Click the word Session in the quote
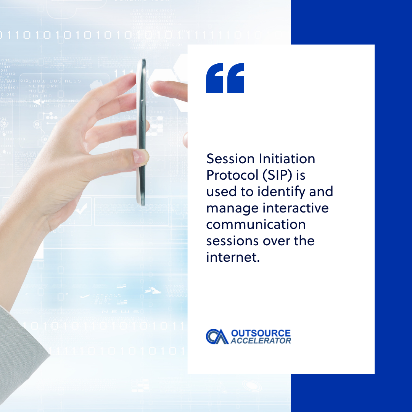pyautogui.click(x=225, y=158)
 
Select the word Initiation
pyautogui.click(x=283, y=158)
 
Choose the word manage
pyautogui.click(x=232, y=208)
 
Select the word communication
pyautogui.click(x=256, y=224)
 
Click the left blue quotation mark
pyautogui.click(x=215, y=78)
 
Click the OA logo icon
pyautogui.click(x=217, y=336)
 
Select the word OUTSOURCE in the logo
pyautogui.click(x=261, y=333)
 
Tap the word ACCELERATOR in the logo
pyautogui.click(x=261, y=341)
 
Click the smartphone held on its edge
pyautogui.click(x=142, y=132)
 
